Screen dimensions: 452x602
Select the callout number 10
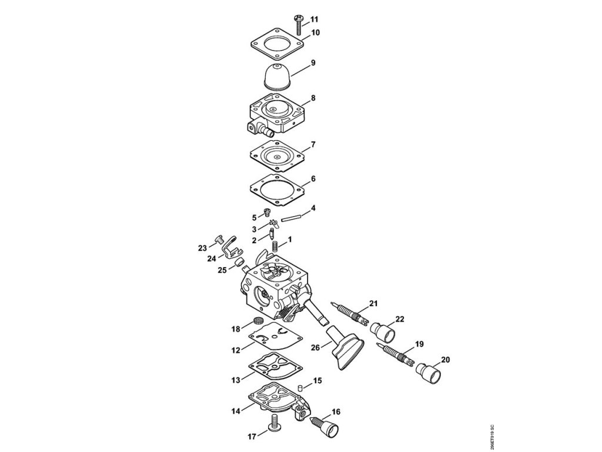pyautogui.click(x=315, y=32)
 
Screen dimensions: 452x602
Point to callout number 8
pyautogui.click(x=313, y=97)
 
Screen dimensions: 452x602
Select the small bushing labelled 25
pyautogui.click(x=240, y=261)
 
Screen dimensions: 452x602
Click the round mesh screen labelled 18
pyautogui.click(x=257, y=321)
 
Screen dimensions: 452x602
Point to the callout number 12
pyautogui.click(x=235, y=350)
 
